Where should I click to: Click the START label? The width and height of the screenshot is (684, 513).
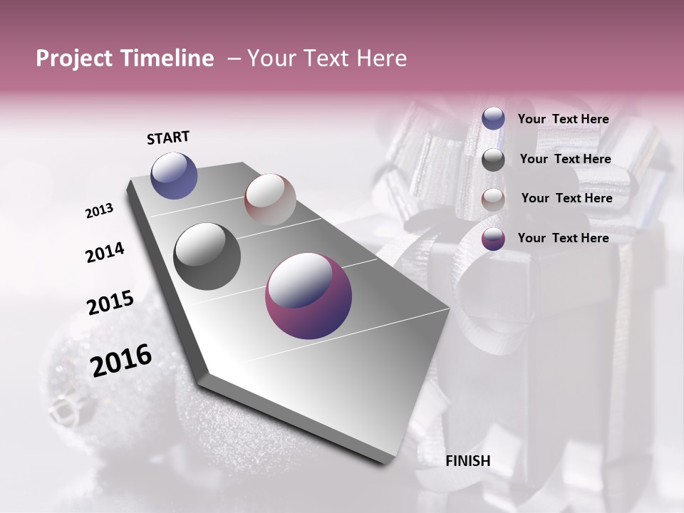(x=168, y=138)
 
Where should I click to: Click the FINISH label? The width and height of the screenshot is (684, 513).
(x=467, y=461)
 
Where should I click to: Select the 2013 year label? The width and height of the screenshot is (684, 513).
(x=99, y=211)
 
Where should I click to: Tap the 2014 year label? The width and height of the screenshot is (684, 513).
(x=105, y=252)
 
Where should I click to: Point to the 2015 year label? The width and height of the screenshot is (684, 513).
(x=110, y=303)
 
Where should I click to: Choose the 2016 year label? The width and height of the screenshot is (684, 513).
(x=120, y=361)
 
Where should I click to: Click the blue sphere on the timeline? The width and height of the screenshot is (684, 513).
(x=174, y=175)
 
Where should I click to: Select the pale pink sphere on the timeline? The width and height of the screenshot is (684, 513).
(x=270, y=199)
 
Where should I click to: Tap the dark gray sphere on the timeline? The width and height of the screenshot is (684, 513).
(x=207, y=256)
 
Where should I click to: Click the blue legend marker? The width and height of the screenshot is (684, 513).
(x=493, y=119)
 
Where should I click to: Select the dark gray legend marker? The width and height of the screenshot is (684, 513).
(x=493, y=160)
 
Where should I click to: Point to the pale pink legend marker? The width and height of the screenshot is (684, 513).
(x=493, y=199)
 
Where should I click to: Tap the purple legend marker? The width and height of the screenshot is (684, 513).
(x=493, y=239)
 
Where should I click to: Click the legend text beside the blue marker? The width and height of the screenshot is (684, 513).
(x=563, y=119)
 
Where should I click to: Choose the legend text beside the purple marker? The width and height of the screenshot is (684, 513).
(x=563, y=238)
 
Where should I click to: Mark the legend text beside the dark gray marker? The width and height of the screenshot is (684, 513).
(x=565, y=159)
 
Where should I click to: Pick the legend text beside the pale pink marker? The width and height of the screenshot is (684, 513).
(x=566, y=198)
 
